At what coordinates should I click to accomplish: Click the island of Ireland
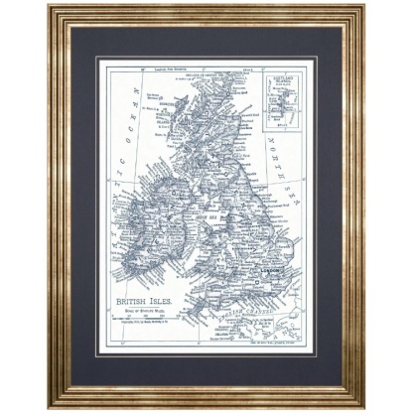149,228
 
